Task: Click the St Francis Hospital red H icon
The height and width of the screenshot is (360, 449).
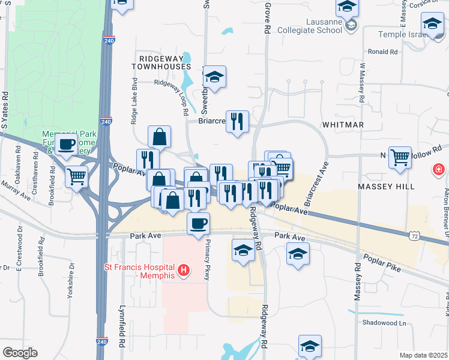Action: tap(184, 271)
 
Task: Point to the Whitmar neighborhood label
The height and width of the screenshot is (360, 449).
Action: tap(343, 124)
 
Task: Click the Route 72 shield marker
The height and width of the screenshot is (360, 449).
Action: tap(415, 236)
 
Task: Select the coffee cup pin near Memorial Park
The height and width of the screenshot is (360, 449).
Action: tap(67, 145)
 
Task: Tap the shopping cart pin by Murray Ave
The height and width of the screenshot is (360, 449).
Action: tap(77, 176)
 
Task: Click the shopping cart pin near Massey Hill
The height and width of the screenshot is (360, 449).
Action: tap(400, 158)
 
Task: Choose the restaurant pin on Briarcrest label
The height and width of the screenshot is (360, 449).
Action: tap(237, 122)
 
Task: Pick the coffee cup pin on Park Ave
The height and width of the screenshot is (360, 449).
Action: tap(198, 224)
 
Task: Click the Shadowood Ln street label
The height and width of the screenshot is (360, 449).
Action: tap(384, 322)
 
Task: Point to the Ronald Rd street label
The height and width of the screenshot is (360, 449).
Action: tap(383, 52)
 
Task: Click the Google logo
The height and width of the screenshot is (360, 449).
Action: tap(20, 353)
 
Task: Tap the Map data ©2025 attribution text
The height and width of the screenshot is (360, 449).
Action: tap(423, 355)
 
